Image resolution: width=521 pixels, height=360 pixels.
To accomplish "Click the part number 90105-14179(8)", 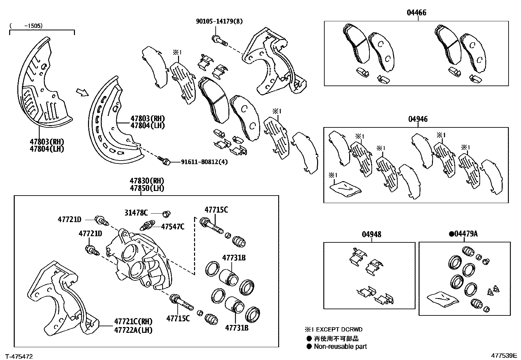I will [x=219, y=22].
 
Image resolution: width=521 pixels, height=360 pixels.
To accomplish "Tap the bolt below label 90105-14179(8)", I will [x=220, y=40].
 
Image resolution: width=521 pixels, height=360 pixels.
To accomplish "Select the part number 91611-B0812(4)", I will [x=204, y=162].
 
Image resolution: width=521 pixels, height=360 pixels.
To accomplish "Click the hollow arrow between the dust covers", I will [x=82, y=93].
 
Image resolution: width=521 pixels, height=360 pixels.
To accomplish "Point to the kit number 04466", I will [x=417, y=13].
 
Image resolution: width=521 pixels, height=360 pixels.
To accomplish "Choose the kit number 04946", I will [x=418, y=119].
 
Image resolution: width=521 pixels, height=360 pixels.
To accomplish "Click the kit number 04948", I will [x=371, y=235].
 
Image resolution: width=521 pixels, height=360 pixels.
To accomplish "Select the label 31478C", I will [x=136, y=213].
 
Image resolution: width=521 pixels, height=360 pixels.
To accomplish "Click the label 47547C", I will [x=172, y=226].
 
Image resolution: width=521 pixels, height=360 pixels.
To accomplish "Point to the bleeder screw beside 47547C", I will [x=148, y=226].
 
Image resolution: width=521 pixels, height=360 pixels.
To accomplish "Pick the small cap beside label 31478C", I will [x=167, y=214].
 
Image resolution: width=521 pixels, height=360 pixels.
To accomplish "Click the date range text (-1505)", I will [x=26, y=25].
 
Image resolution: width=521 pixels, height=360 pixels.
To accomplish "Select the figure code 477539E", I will [x=503, y=355].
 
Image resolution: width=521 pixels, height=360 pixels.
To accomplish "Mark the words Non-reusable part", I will [x=340, y=347].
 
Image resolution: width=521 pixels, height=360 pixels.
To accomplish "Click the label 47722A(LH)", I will [x=133, y=330].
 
